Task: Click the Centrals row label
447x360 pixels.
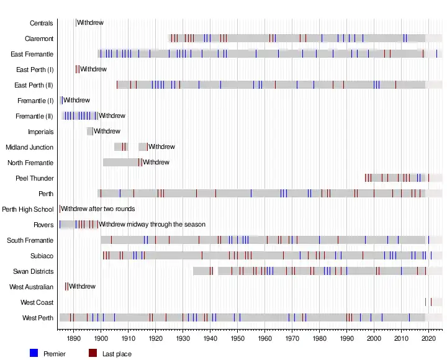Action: coord(41,23)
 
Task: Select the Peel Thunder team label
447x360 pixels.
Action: coord(35,178)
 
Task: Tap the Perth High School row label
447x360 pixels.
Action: coord(28,209)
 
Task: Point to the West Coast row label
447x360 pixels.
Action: coord(37,302)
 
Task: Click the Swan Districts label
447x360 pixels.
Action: coord(33,271)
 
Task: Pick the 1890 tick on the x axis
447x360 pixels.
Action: coord(73,339)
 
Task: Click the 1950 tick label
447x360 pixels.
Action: coord(237,339)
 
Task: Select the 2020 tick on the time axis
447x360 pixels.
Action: coord(428,339)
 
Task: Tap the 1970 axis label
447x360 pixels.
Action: coord(292,339)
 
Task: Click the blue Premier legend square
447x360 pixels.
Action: coord(34,353)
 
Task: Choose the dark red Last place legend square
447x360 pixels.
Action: coord(93,353)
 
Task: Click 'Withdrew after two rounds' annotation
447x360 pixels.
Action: coord(98,209)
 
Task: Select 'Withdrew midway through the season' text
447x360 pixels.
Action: coord(152,224)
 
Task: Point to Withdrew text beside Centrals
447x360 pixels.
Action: coord(90,23)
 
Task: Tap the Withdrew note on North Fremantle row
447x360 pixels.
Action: coord(156,163)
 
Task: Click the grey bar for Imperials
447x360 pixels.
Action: coord(89,131)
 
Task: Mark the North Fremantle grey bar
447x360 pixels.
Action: coord(121,163)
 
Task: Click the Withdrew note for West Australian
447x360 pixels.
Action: coord(82,287)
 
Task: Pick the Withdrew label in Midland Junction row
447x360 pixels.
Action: coord(161,147)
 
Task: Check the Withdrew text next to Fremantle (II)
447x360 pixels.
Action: coord(112,115)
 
